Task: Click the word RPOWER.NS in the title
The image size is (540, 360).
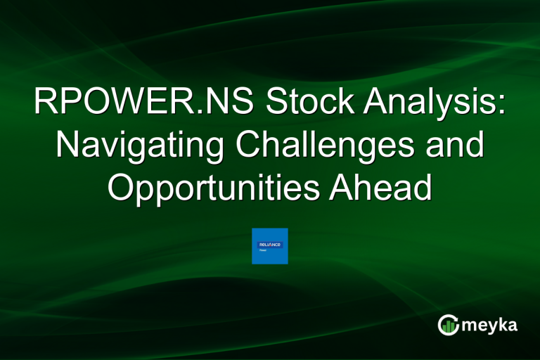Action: click(x=140, y=104)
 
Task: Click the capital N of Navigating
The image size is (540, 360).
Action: click(x=67, y=146)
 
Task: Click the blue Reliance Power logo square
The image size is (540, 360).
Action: click(x=270, y=246)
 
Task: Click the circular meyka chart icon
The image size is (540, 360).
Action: click(x=449, y=325)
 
